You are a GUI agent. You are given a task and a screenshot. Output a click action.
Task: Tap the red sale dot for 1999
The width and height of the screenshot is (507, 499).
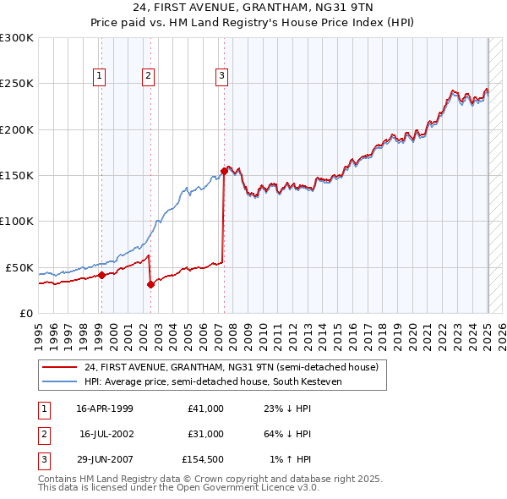(x=101, y=275)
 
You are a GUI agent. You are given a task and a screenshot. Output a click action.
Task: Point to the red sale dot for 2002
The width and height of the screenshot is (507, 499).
(x=150, y=284)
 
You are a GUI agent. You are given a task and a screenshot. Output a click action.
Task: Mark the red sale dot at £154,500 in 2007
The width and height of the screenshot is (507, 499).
(x=224, y=171)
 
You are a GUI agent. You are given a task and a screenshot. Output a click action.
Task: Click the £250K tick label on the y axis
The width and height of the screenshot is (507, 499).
(x=17, y=84)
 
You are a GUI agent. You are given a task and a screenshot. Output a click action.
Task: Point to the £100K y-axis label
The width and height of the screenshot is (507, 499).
(x=17, y=221)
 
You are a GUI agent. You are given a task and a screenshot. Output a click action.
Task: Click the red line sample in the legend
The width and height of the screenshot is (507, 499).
(x=61, y=367)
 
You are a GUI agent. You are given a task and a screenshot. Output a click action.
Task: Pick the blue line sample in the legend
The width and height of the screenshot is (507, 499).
(x=61, y=381)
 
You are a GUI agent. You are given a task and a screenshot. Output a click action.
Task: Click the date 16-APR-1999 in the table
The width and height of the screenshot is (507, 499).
(x=105, y=409)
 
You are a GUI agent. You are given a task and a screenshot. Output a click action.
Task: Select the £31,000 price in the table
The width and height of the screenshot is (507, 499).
(x=206, y=434)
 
